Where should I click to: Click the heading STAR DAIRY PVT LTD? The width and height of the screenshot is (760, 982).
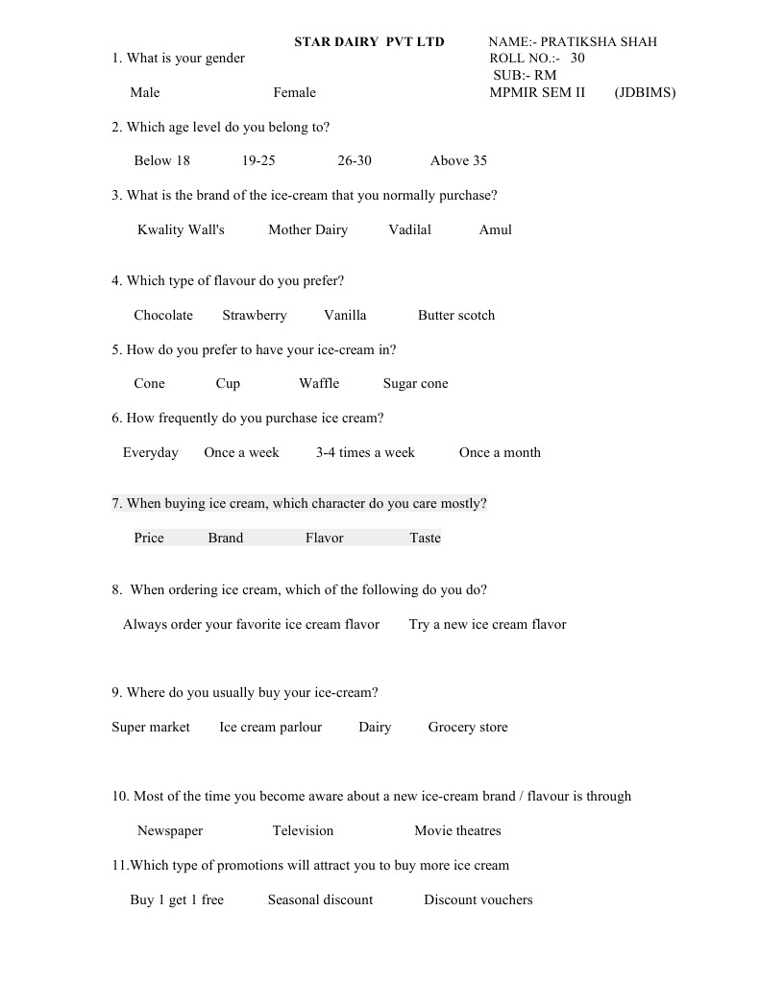[369, 42]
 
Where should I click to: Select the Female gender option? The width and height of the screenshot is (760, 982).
[294, 93]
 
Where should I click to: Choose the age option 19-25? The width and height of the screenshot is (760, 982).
[258, 161]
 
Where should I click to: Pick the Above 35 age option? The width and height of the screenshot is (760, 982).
[458, 161]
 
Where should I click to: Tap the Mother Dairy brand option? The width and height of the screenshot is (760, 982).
[307, 230]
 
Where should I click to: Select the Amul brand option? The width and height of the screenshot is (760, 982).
[495, 230]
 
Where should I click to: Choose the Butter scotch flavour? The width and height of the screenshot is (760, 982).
[456, 316]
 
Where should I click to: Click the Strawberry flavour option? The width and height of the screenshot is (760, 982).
[255, 316]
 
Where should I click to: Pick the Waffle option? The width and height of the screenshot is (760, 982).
[319, 384]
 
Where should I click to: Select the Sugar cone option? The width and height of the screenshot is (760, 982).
[415, 384]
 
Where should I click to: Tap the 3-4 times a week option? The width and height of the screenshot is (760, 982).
[365, 453]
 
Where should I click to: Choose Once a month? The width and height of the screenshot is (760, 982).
[500, 453]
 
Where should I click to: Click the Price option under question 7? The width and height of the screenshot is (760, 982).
[149, 539]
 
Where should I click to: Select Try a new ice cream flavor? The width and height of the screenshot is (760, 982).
[487, 625]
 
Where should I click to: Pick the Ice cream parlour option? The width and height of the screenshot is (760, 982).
[270, 728]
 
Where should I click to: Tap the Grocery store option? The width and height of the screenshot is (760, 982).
[468, 728]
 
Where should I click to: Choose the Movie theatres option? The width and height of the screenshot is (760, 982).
[457, 831]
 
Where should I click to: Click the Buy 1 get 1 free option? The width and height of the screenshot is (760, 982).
[177, 900]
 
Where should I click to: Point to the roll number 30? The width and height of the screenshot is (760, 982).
[576, 59]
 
